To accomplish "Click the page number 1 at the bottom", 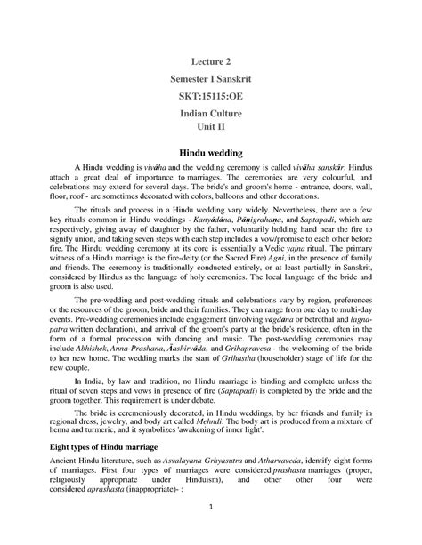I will coord(211,508).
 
